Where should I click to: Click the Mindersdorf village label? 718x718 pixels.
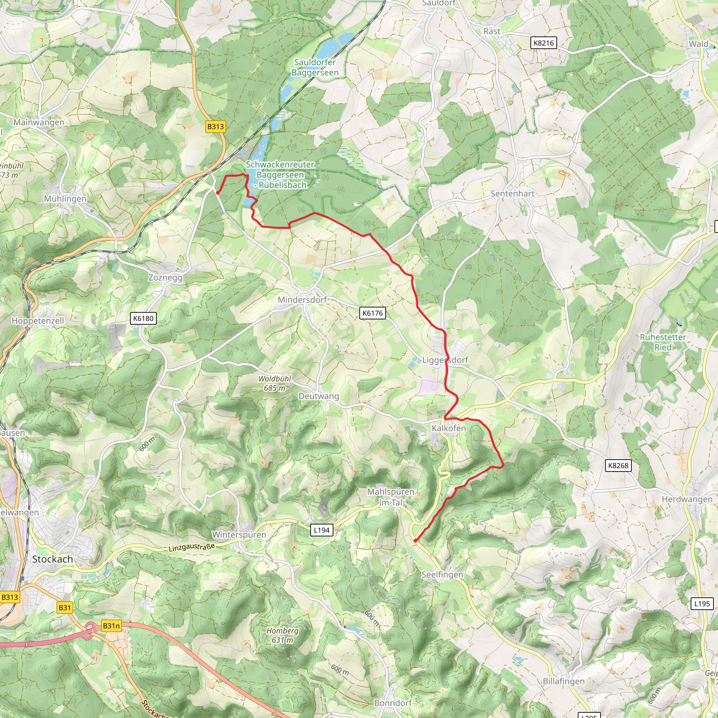302,299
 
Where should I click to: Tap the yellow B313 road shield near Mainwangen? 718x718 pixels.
216,127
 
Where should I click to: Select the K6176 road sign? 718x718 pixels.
372,313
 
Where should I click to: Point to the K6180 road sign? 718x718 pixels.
143,318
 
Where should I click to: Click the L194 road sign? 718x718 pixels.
321,530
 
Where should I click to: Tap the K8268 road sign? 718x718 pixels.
618,466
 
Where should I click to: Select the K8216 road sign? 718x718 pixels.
543,43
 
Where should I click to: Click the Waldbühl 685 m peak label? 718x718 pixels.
275,383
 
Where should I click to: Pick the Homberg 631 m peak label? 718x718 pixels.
282,635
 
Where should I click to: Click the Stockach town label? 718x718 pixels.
52,559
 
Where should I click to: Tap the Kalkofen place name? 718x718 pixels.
448,428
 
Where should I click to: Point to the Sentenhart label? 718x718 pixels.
512,194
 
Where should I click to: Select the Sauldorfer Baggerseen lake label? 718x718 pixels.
315,68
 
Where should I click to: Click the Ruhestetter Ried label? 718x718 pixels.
663,342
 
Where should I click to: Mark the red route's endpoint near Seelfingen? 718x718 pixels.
415,541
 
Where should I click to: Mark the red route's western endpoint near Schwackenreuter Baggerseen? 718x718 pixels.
217,193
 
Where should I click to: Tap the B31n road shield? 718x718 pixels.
111,626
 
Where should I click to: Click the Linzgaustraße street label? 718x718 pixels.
191,547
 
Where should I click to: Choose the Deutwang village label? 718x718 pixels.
318,396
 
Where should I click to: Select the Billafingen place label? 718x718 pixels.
563,681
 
